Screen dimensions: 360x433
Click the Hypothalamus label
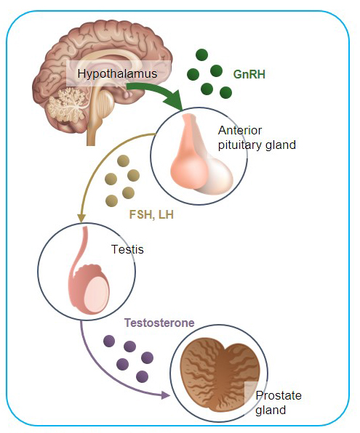pyautogui.click(x=117, y=73)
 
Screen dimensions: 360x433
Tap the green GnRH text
pyautogui.click(x=249, y=74)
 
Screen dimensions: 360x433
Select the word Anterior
pyautogui.click(x=240, y=130)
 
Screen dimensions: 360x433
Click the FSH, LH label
pyautogui.click(x=151, y=214)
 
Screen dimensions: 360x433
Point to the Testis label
pyautogui.click(x=127, y=249)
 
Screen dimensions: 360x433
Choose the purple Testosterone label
pyautogui.click(x=159, y=323)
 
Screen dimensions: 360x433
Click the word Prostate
pyautogui.click(x=279, y=395)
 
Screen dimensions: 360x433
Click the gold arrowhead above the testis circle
pyautogui.click(x=81, y=218)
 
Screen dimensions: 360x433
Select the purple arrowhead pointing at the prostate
pyautogui.click(x=165, y=395)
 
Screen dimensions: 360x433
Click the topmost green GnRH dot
pyautogui.click(x=201, y=54)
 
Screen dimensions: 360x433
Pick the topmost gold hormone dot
pyautogui.click(x=124, y=161)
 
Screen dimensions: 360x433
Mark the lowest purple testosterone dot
pyautogui.click(x=142, y=376)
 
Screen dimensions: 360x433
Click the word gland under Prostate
pyautogui.click(x=271, y=410)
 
